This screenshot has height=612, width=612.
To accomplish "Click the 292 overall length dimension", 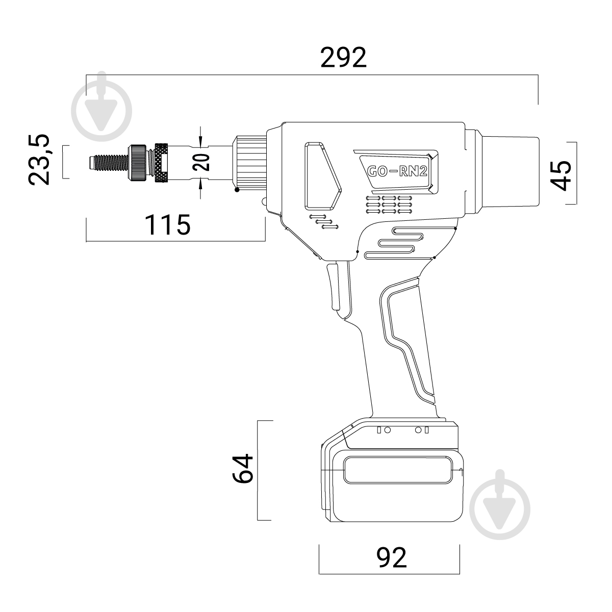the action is coord(343,58).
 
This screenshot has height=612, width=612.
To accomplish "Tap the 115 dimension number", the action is coord(167,225).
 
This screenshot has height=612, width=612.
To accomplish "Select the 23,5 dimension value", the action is coord(39,160).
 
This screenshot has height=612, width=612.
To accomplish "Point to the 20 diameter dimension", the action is coord(201,162).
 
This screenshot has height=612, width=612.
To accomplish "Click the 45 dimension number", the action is coord(560,175).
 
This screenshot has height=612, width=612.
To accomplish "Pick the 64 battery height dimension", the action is coord(243,469).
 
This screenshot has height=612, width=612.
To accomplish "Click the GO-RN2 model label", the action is coord(397,171).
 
